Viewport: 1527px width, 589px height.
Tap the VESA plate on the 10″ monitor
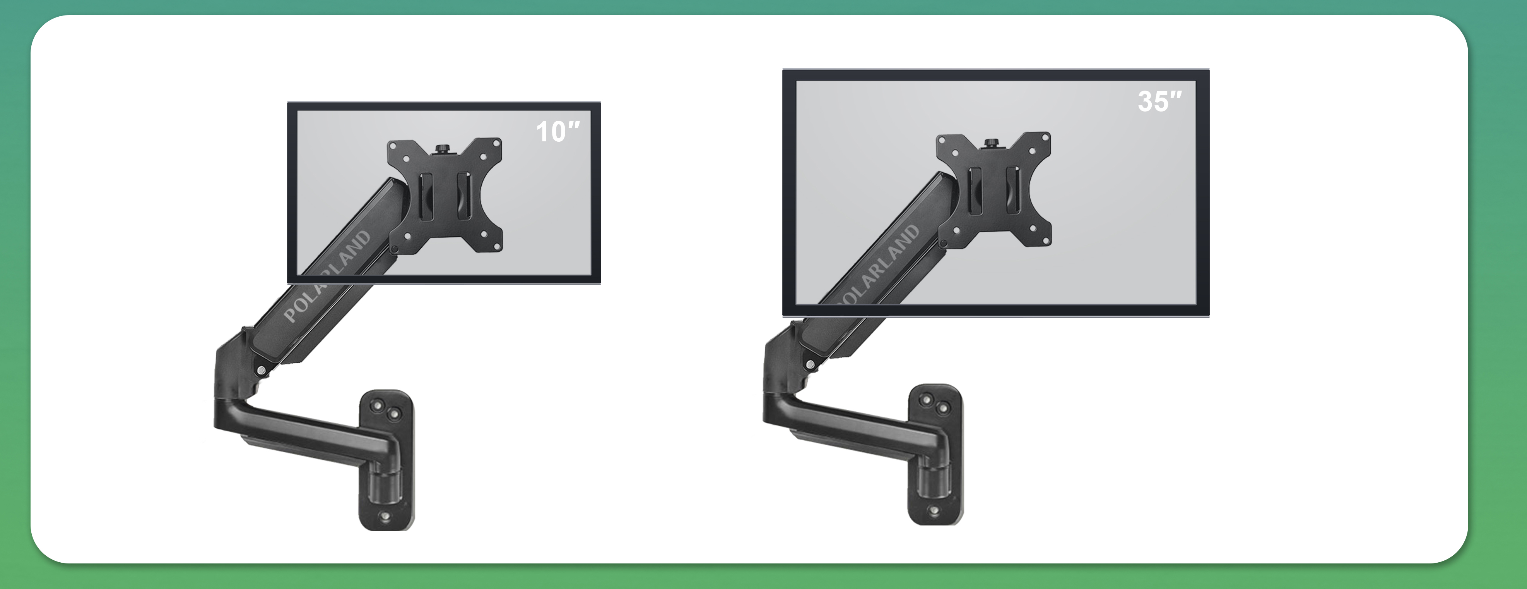pyautogui.click(x=445, y=195)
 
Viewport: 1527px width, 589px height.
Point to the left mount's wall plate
pyautogui.click(x=386, y=460)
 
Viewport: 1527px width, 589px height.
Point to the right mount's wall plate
pyautogui.click(x=936, y=454)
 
